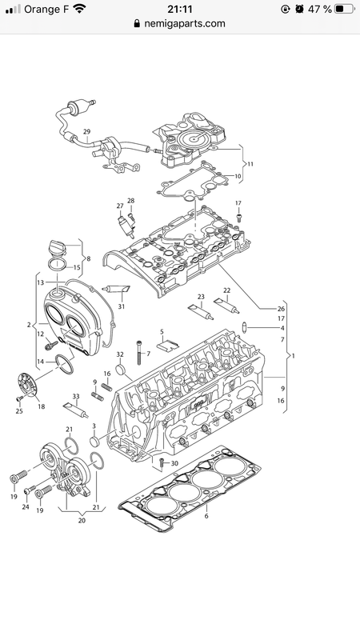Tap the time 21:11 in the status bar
[x=179, y=9]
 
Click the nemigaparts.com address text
[x=185, y=24]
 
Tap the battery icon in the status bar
[x=345, y=9]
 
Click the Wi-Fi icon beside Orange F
[x=79, y=9]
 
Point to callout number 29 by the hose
[x=86, y=131]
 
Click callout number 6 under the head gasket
[x=206, y=516]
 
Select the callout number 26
[x=281, y=309]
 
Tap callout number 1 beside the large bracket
[x=293, y=355]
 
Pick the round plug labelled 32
[x=121, y=370]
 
